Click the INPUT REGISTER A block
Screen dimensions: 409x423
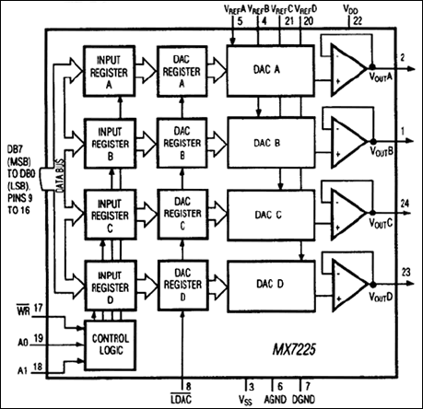click(110, 66)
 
